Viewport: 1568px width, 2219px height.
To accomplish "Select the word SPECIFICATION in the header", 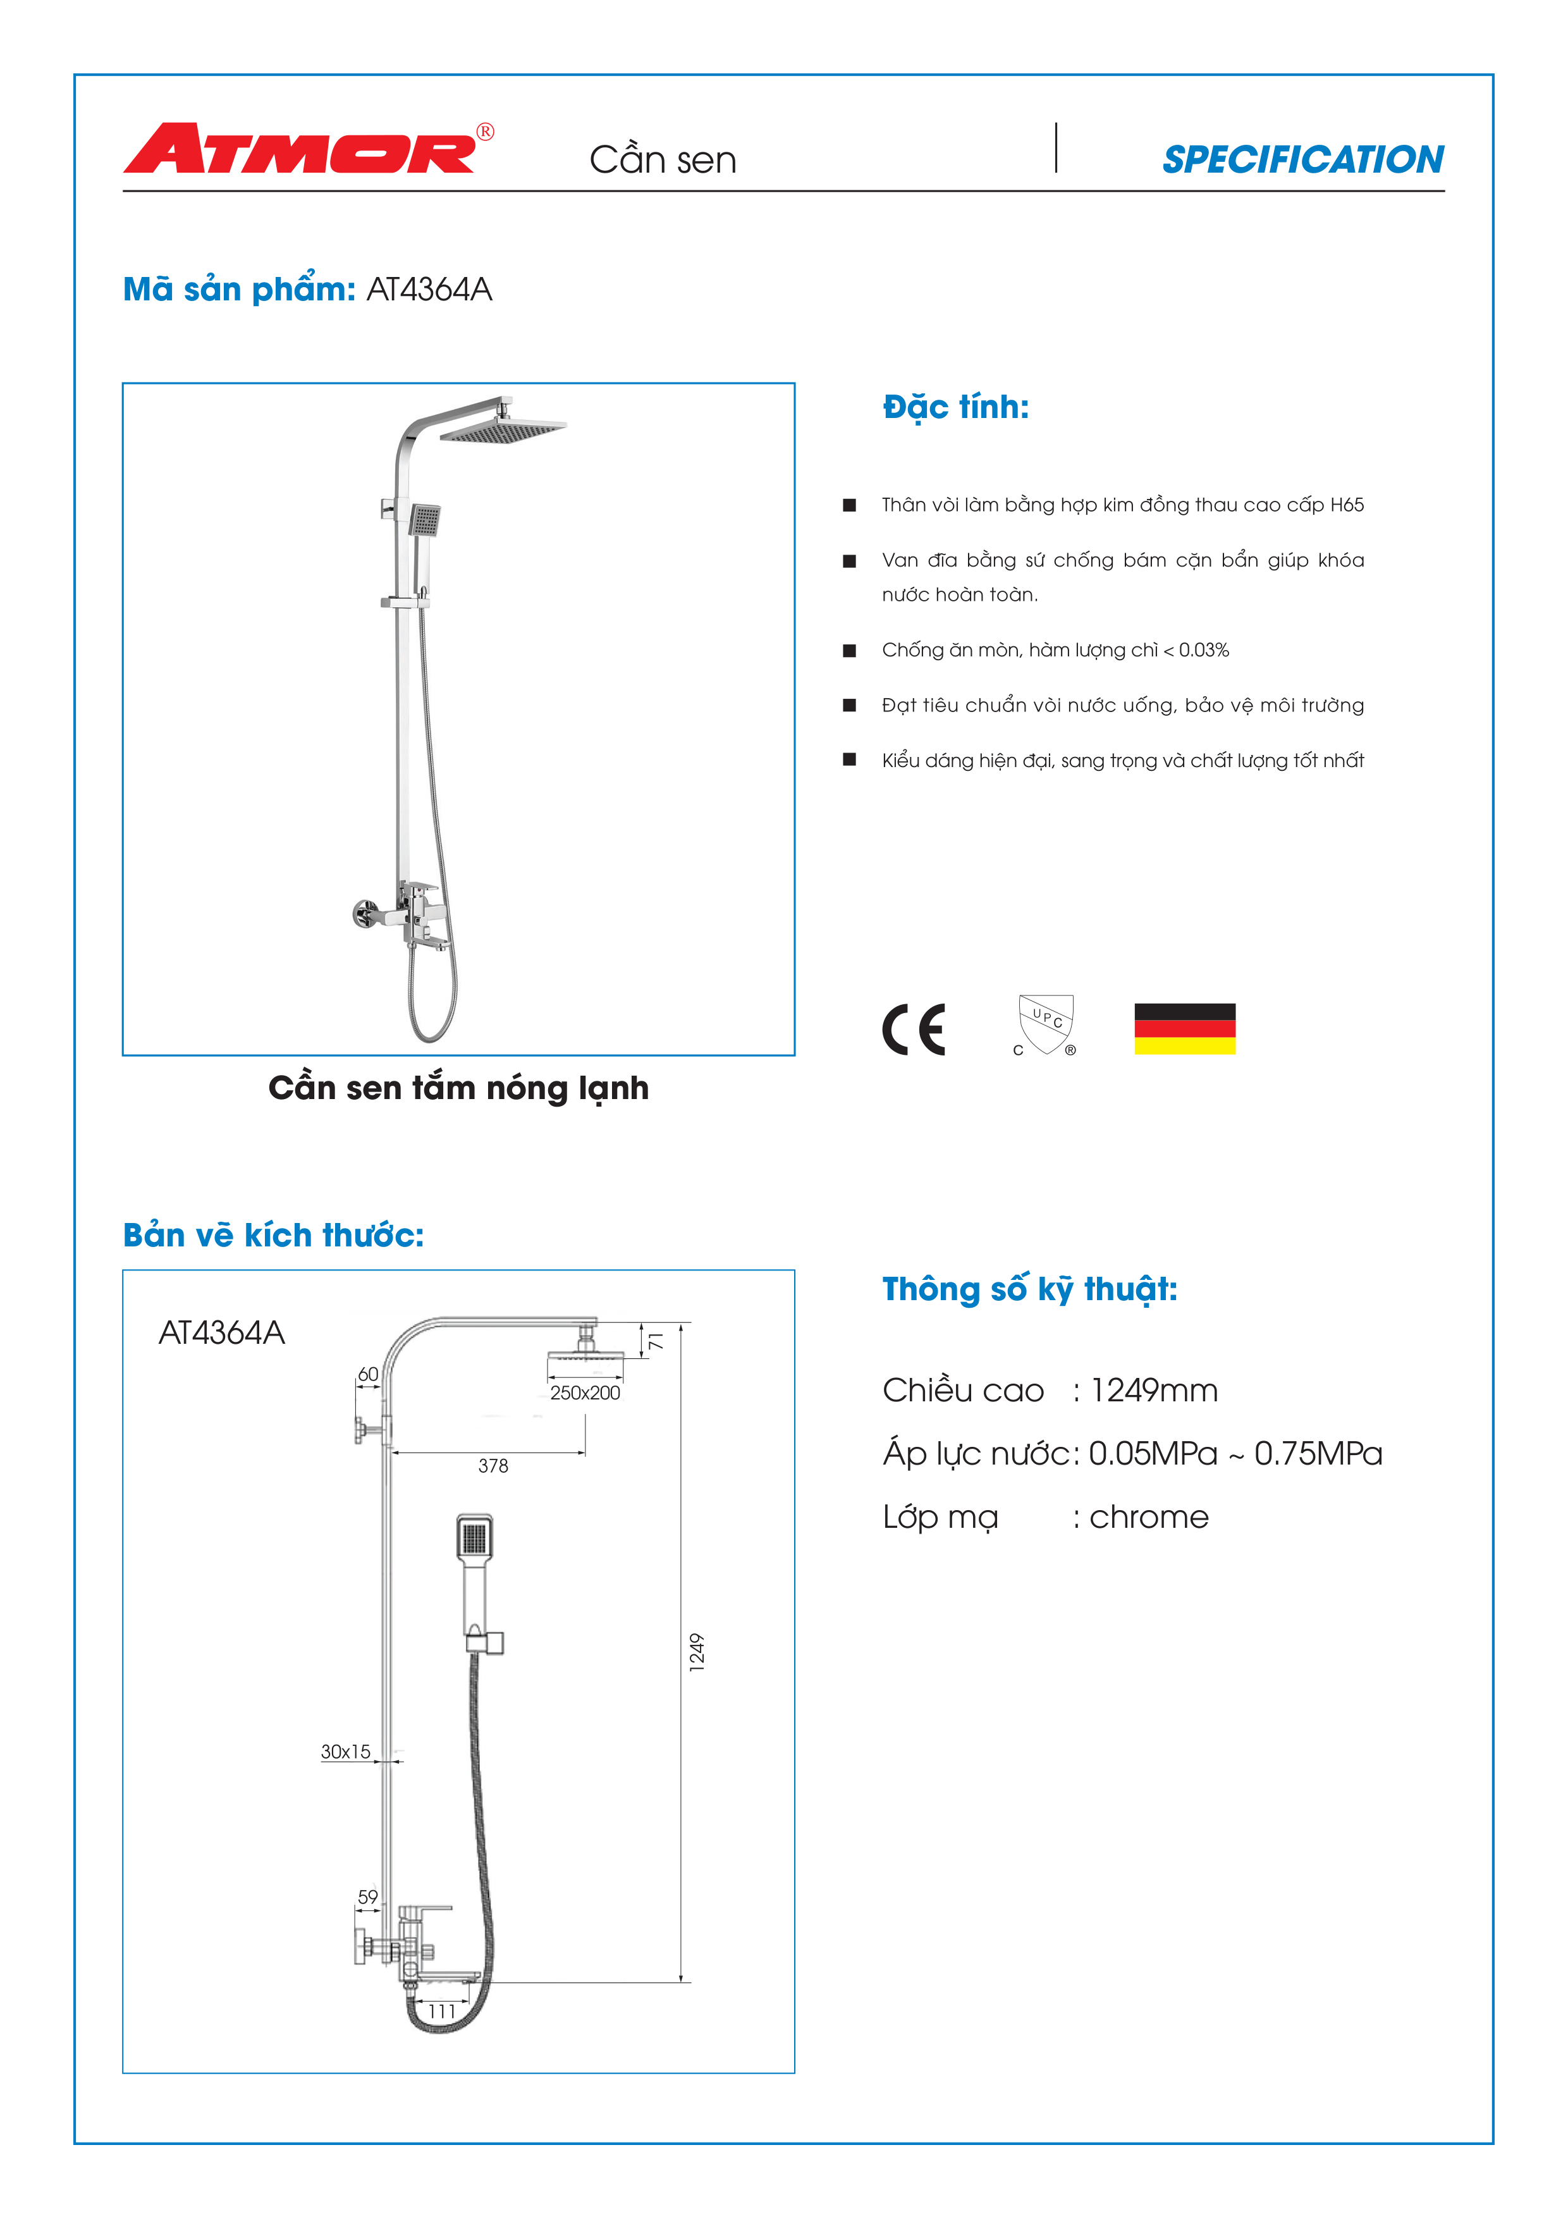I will pos(1302,159).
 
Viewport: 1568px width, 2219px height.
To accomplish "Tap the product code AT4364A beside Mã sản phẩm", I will pos(429,289).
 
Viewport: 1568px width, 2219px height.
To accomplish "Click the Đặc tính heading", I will pos(955,407).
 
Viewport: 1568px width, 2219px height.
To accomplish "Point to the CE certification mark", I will pos(913,1030).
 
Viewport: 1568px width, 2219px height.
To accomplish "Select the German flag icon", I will pos(1184,1030).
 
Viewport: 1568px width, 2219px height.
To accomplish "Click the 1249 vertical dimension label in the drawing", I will pos(697,1652).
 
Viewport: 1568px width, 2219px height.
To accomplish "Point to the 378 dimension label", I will pos(493,1466).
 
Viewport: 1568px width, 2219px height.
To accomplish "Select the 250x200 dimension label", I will pos(584,1392).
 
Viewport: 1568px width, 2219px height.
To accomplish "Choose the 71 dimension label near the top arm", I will pos(656,1341).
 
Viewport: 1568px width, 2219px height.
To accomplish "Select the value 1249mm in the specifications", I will pos(1153,1391).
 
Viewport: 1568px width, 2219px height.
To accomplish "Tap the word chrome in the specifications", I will pos(1149,1517).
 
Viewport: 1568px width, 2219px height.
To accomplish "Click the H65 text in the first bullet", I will pos(1347,505).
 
